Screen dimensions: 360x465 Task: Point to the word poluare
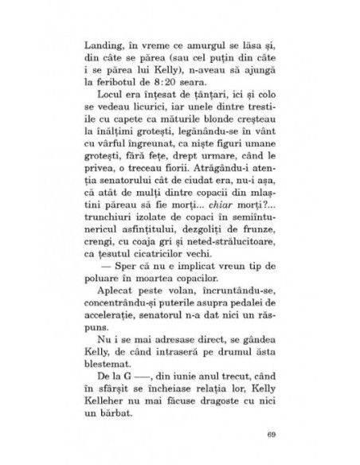coord(119,287)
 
